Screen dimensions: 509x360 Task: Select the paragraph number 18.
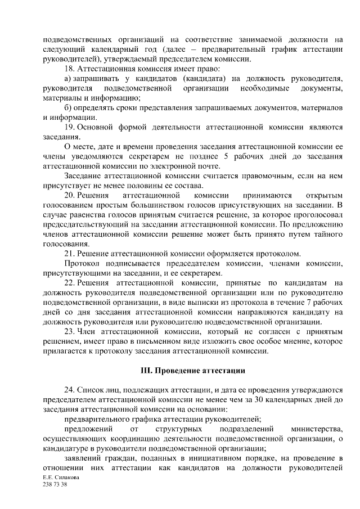pos(69,68)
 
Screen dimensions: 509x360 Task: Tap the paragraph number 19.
pos(69,127)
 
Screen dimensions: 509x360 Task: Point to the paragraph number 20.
pos(69,195)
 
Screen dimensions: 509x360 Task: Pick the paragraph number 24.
pos(69,390)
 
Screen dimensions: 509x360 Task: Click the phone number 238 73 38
pos(55,484)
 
